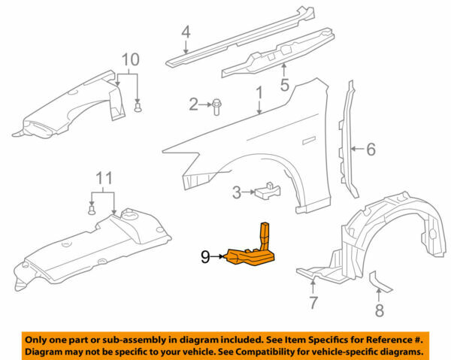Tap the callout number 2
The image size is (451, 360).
[x=193, y=104]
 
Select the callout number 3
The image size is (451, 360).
[x=237, y=192]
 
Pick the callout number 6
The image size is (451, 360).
[x=370, y=150]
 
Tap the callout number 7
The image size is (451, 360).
[x=314, y=303]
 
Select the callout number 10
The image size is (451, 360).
[x=130, y=59]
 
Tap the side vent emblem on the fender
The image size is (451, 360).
[x=307, y=139]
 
